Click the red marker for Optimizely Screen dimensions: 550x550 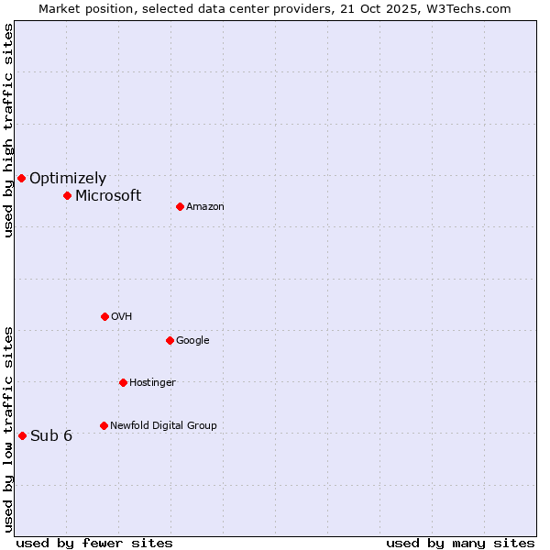[21, 178]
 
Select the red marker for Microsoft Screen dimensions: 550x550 [67, 195]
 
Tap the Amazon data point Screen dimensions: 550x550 [180, 206]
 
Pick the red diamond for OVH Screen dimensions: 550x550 [104, 316]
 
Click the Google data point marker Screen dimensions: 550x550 [170, 340]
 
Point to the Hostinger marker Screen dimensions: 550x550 [123, 382]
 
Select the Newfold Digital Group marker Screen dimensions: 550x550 [104, 425]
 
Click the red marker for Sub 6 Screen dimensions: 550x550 [22, 435]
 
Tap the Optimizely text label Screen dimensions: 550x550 [68, 179]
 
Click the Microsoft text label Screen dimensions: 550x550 [108, 195]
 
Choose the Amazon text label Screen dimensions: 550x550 [205, 207]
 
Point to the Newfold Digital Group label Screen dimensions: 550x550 [163, 425]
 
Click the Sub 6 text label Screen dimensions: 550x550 [51, 435]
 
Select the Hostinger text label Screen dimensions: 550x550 [152, 382]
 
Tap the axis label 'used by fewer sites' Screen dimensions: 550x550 [94, 543]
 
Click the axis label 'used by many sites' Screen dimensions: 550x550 [460, 543]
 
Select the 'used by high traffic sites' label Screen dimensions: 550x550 [8, 130]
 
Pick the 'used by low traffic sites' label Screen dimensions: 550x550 [8, 428]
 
